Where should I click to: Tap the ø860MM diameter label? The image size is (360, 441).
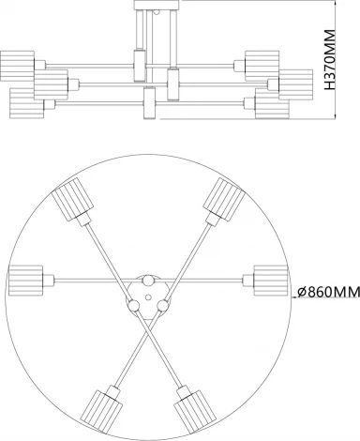click(327, 292)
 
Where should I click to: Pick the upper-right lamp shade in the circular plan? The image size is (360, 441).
click(226, 198)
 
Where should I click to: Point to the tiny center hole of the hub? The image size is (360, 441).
click(148, 295)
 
